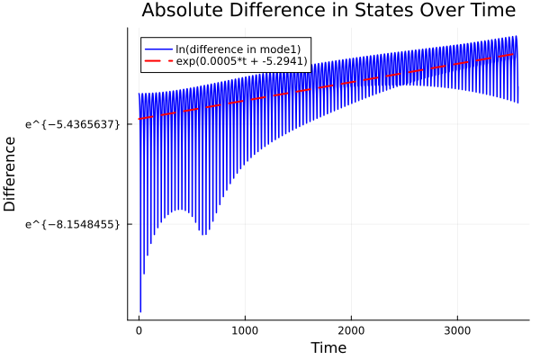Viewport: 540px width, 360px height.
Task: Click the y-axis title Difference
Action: tap(11, 174)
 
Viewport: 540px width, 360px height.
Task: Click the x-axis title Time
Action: tap(328, 347)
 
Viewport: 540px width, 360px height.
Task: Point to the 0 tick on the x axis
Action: tap(139, 329)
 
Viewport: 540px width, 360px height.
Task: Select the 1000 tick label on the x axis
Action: tap(245, 329)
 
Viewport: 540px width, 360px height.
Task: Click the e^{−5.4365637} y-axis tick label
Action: tap(73, 122)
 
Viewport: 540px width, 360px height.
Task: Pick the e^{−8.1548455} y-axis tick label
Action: tap(73, 223)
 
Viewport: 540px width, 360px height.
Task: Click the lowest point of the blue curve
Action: tap(139, 312)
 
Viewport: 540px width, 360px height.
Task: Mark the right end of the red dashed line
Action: tap(515, 54)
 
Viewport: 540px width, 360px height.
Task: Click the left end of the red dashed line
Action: tap(139, 119)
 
